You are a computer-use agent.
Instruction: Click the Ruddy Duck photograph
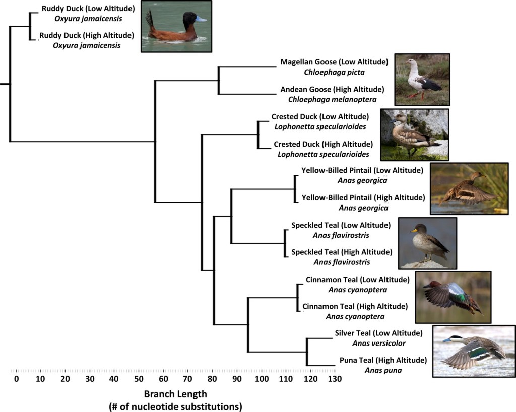point(176,26)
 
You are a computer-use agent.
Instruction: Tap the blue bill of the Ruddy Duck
point(201,19)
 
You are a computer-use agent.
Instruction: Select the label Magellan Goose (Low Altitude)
point(334,62)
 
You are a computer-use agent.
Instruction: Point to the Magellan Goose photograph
point(422,79)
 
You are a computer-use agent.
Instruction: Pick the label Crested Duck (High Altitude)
point(323,144)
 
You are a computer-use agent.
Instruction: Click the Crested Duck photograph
point(414,134)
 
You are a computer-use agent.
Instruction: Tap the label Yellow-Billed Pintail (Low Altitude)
point(362,170)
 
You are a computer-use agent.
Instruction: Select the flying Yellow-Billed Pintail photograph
point(469,188)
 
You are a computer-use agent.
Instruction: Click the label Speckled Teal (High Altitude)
point(341,252)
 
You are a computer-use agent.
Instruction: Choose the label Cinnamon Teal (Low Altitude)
point(357,280)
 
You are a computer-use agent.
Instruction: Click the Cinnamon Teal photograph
point(453,297)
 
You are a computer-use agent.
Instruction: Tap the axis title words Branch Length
point(175,394)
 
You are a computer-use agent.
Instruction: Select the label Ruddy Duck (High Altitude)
point(88,35)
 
